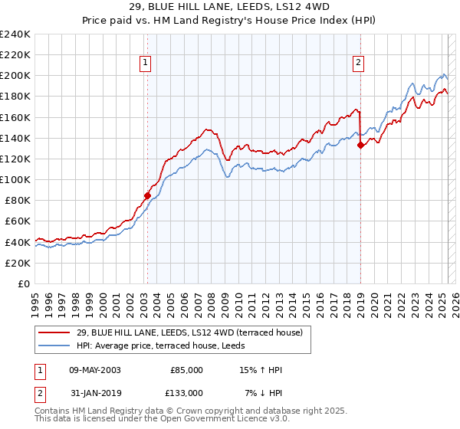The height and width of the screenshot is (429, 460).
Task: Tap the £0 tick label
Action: pos(24,283)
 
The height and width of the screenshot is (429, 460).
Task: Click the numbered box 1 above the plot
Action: pos(146,64)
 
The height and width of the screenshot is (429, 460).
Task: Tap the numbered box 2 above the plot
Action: pos(359,64)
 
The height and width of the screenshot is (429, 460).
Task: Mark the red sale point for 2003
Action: pos(147,195)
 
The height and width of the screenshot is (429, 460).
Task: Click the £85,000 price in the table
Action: pos(186,370)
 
